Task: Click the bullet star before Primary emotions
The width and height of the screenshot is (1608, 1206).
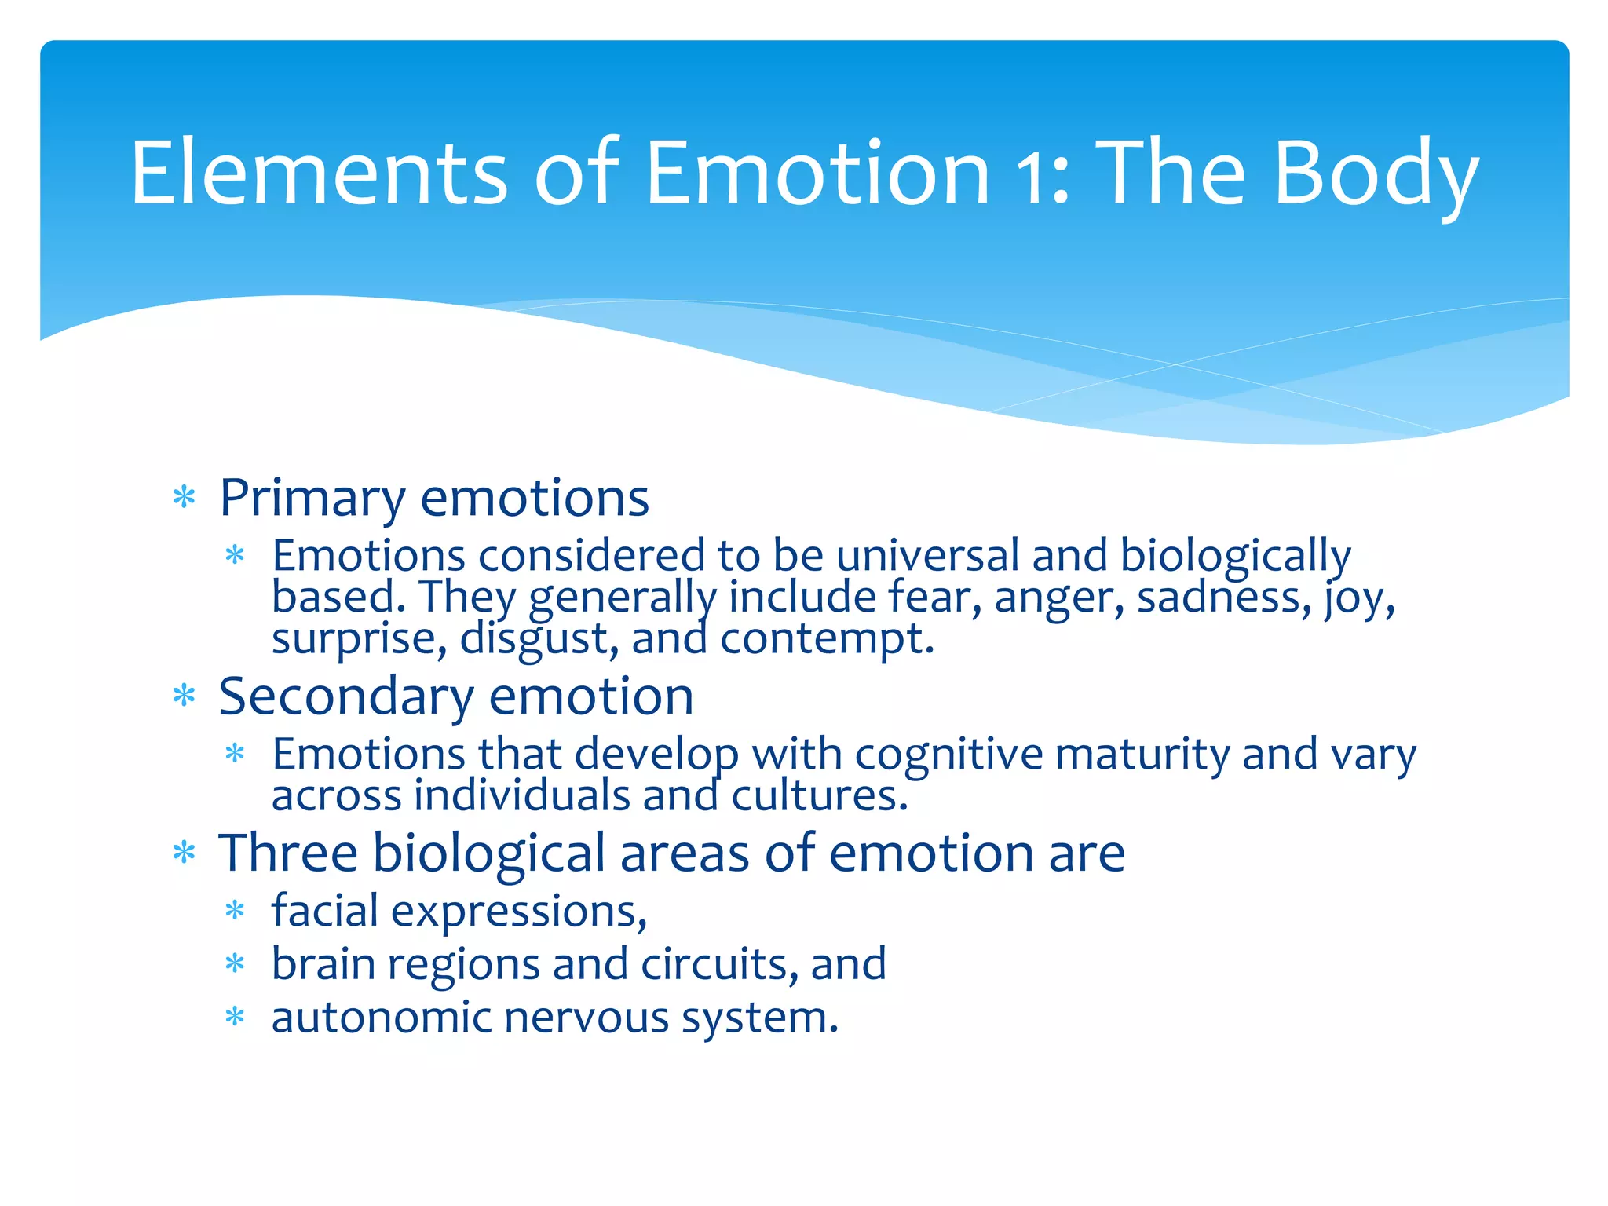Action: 184,498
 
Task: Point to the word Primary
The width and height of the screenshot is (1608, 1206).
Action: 312,499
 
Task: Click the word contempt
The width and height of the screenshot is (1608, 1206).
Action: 826,638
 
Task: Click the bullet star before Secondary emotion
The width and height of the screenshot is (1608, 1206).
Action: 184,696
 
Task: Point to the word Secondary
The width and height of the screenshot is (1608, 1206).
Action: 346,696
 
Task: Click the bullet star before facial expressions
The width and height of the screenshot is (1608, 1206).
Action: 235,912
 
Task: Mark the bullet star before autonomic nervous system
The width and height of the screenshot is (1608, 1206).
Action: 235,1018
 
